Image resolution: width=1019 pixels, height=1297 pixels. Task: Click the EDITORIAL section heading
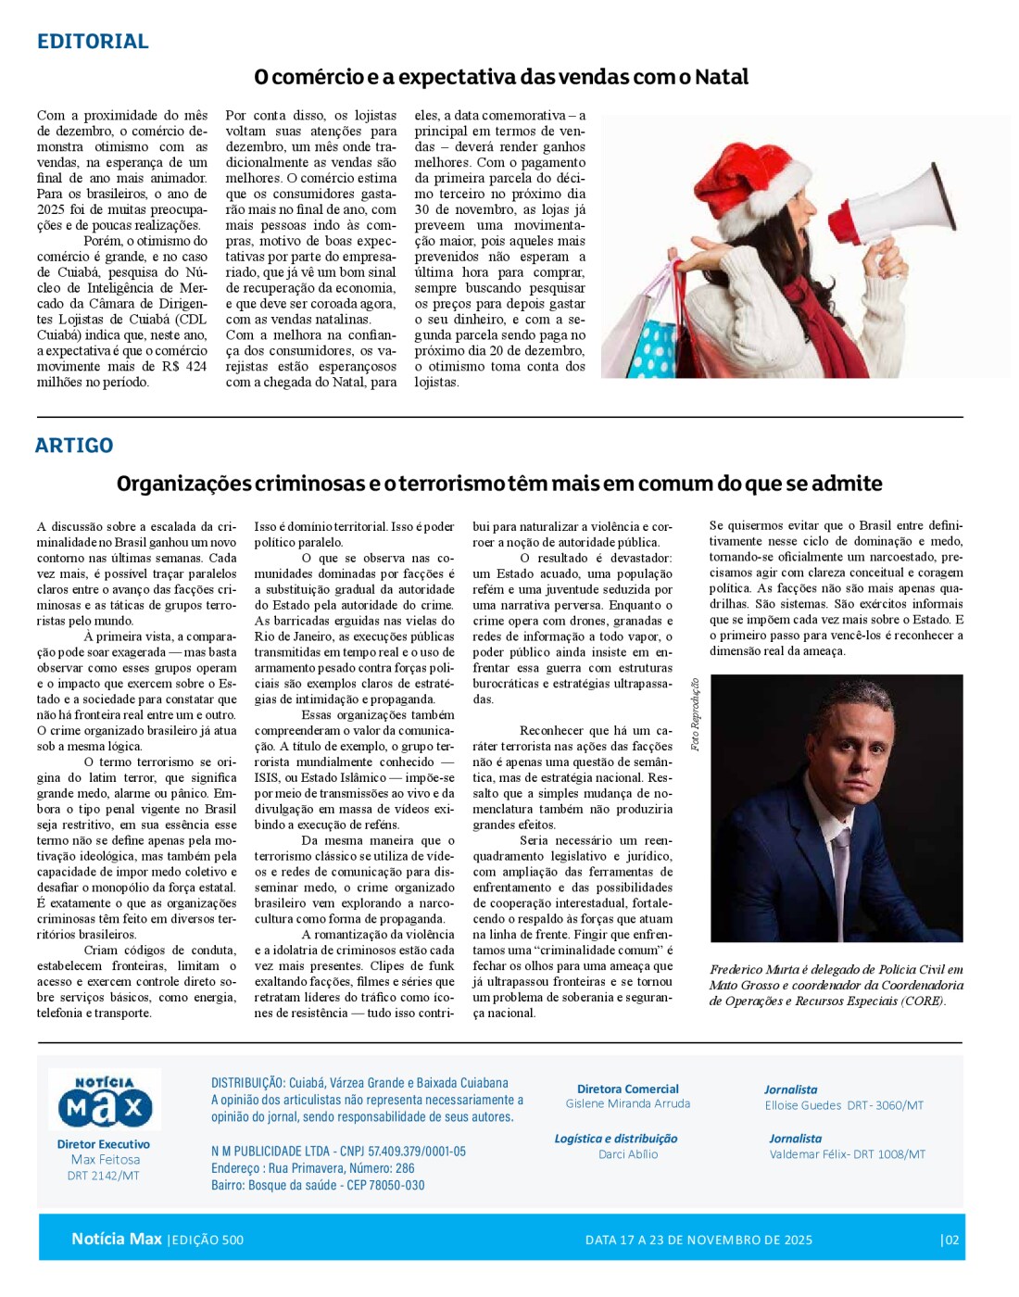click(x=93, y=42)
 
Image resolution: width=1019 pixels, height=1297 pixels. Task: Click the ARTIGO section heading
click(x=74, y=446)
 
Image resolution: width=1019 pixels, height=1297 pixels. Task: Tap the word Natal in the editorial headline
click(x=722, y=77)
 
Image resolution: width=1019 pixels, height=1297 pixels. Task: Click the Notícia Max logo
click(x=105, y=1101)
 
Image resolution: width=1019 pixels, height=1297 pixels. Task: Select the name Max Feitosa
click(x=106, y=1160)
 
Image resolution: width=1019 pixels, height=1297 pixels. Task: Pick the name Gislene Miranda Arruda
click(x=628, y=1104)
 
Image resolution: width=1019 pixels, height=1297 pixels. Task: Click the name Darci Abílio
click(x=628, y=1154)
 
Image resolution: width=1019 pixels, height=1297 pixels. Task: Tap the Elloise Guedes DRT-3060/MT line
click(x=844, y=1105)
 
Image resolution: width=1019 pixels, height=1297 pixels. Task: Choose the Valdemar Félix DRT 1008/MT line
click(x=847, y=1154)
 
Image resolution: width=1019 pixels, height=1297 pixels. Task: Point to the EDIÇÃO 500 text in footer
click(x=207, y=1240)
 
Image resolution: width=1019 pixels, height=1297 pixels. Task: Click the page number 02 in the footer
click(x=950, y=1240)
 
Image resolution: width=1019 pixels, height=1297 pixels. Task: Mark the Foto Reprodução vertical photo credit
click(x=695, y=714)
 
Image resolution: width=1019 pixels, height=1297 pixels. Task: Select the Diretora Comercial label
click(x=628, y=1089)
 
